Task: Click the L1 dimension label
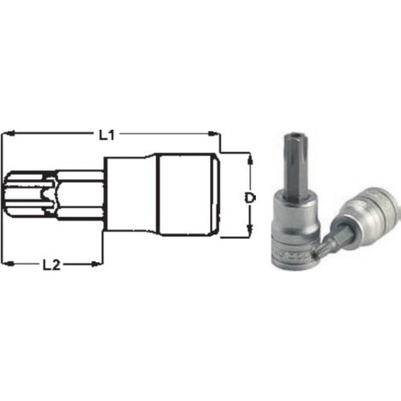[x=107, y=135]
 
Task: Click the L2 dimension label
[x=51, y=265]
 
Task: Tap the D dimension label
[x=250, y=198]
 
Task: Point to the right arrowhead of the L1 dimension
[x=212, y=133]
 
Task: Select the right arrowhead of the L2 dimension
[x=96, y=264]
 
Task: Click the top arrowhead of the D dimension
[x=250, y=159]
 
